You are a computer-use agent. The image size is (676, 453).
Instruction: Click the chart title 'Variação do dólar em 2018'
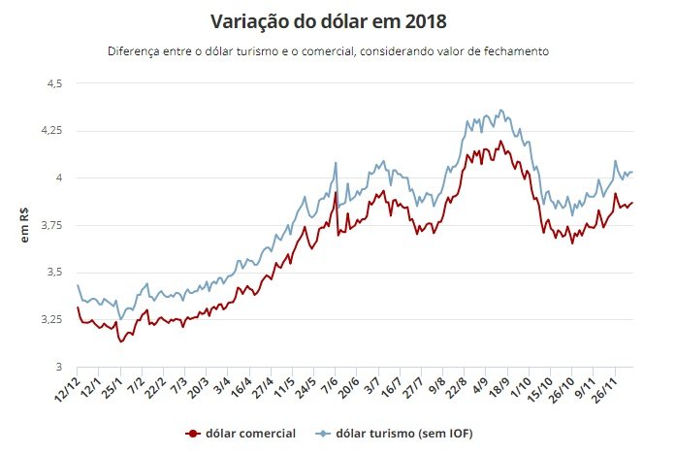pos(338,20)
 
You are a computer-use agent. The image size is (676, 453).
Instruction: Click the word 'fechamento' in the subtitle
pos(516,51)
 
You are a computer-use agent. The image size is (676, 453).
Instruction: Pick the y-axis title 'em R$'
pos(26,225)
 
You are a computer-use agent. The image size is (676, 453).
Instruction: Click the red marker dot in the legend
pos(192,433)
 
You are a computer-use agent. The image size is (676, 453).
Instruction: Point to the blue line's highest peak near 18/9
pos(500,110)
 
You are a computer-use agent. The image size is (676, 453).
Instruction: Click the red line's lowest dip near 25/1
pos(121,341)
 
